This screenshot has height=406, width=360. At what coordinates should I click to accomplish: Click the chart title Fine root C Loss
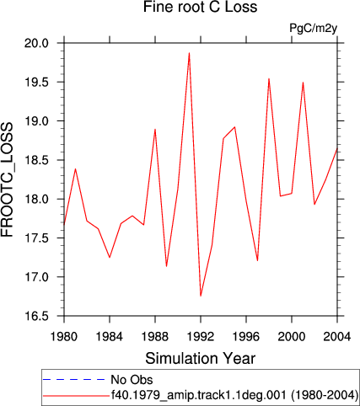coord(200,7)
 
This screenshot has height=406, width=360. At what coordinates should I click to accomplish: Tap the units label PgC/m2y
coord(314,29)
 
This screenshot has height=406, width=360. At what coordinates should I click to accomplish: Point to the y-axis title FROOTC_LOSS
coord(7,180)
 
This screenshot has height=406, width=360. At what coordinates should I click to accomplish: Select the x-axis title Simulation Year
coord(200,359)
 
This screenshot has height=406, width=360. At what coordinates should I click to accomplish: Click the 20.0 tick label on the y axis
coord(36,44)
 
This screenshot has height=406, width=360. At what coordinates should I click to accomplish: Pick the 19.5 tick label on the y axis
coord(36,83)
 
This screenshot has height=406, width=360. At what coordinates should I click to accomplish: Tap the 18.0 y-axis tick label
coord(36,200)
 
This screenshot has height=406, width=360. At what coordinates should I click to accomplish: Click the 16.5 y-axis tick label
coord(36,317)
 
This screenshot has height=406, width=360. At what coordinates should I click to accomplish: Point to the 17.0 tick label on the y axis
coord(36,277)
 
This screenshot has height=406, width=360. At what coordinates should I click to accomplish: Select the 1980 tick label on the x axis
coord(64,336)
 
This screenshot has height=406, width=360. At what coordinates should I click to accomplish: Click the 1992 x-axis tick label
coord(201,336)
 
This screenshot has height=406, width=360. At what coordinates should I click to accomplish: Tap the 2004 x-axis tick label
coord(337,336)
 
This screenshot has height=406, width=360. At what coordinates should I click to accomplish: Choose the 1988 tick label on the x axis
coord(155,336)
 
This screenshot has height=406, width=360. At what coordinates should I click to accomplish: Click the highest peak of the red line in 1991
coord(190,53)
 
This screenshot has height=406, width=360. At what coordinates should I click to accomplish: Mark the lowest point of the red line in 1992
coord(201,296)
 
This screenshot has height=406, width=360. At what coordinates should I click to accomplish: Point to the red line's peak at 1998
coord(269,78)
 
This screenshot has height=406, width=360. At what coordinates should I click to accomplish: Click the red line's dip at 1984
coord(110,257)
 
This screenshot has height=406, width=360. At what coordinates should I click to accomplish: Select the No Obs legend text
coord(132,380)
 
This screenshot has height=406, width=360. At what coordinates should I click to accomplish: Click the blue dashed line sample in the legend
coord(74,380)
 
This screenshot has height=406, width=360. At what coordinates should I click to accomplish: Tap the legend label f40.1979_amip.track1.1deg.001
coord(199,395)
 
